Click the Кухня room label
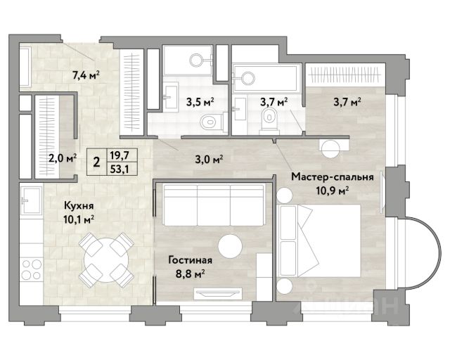tap(79, 205)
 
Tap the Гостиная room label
tap(191, 260)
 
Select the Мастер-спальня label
tap(333, 177)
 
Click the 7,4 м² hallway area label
tap(86, 75)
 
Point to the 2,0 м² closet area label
tap(63, 158)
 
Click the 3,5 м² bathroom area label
tap(200, 102)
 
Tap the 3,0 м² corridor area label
tap(210, 159)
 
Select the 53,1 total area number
tap(120, 169)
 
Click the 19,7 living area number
tap(120, 155)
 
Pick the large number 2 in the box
tap(97, 162)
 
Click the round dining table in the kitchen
tap(106, 260)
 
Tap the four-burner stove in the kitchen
tap(31, 269)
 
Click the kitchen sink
tap(31, 200)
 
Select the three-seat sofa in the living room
tap(214, 205)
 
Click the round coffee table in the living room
tap(230, 246)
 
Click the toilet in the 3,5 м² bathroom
tap(212, 122)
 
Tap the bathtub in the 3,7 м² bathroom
tap(266, 77)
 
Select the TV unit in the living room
tap(217, 293)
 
